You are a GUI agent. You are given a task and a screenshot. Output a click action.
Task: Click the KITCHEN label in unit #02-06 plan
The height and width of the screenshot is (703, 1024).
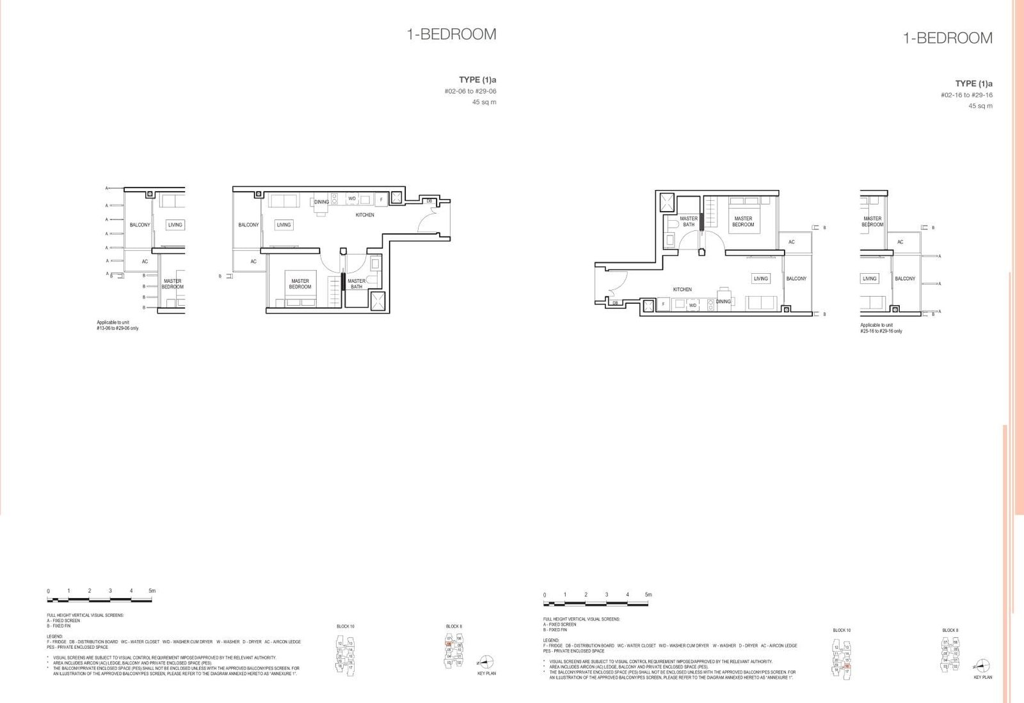[x=365, y=215]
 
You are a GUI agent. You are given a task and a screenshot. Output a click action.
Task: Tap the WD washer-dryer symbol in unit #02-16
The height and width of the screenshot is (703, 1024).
[x=692, y=305]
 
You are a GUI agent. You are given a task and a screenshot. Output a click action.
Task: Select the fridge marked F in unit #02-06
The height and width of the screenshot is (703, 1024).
[x=381, y=200]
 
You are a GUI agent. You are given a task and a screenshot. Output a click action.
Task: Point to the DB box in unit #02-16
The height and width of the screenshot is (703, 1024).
[x=615, y=303]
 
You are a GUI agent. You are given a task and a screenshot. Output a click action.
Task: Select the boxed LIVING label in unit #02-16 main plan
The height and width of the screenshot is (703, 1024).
[x=760, y=278]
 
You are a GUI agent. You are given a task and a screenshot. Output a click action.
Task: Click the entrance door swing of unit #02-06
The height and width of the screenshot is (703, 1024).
[x=428, y=223]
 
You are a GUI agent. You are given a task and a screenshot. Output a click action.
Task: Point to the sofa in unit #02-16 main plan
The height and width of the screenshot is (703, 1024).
[x=762, y=303]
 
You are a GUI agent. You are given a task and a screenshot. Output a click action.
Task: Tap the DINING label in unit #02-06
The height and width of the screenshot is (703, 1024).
[x=321, y=202]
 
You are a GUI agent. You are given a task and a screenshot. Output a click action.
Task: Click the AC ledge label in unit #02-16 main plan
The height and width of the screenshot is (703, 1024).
[x=792, y=242]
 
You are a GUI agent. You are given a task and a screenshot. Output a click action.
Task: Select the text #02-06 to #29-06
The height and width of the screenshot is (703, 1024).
[x=470, y=91]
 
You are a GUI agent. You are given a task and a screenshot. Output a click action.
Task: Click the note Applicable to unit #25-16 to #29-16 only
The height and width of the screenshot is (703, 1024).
[x=881, y=328]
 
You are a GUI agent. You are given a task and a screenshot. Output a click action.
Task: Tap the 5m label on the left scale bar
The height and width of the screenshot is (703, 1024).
[x=152, y=590]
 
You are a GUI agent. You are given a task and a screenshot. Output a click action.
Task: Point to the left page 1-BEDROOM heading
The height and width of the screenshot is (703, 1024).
[x=451, y=35]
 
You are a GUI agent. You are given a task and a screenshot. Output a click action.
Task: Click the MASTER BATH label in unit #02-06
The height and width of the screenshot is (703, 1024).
[x=356, y=283]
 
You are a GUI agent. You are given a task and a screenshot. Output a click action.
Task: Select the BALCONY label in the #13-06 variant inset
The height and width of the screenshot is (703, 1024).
[x=140, y=225]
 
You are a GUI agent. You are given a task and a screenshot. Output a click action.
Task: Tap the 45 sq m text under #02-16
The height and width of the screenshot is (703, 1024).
[x=980, y=106]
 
